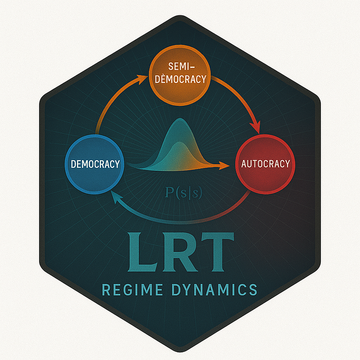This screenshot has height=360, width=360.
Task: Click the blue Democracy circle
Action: (94, 164)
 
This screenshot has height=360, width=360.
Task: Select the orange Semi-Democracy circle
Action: (180, 75)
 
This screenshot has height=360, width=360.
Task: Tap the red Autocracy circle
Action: (265, 164)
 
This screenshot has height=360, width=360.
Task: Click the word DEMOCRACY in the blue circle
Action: (95, 164)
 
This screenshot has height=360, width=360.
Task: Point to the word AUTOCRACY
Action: (265, 164)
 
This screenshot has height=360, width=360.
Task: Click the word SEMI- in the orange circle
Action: (181, 66)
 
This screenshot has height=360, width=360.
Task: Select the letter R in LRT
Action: (179, 252)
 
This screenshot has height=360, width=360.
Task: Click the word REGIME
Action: (132, 289)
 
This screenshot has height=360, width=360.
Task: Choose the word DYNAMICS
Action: (215, 289)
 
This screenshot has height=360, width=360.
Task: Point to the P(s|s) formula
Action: (184, 193)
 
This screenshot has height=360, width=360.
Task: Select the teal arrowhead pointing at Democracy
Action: (115, 198)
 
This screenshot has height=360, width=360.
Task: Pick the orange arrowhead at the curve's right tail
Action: (224, 165)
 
